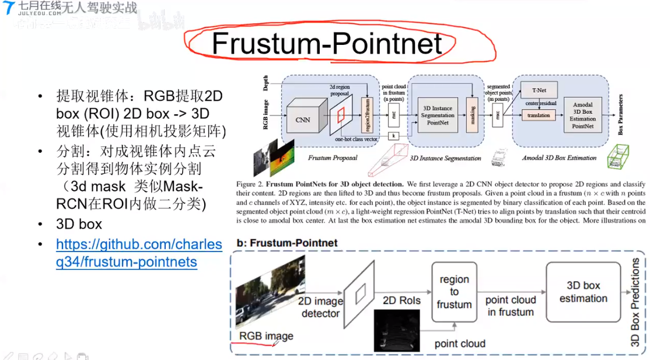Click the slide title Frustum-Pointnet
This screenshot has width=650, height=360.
(326, 44)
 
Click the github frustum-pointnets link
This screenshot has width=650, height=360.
(139, 253)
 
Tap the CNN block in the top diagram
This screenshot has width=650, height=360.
(303, 119)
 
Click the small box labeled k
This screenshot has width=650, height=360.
(394, 135)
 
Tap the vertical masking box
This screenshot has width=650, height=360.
(471, 115)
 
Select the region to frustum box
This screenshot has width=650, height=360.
(455, 292)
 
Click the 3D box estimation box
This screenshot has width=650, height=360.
(583, 292)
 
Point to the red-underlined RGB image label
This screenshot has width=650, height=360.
(266, 336)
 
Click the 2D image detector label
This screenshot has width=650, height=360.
(320, 307)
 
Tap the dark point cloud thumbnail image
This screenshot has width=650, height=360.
(397, 330)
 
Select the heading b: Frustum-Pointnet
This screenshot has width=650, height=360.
(287, 243)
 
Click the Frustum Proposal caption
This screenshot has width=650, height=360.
(333, 158)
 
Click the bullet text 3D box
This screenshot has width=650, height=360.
(79, 224)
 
